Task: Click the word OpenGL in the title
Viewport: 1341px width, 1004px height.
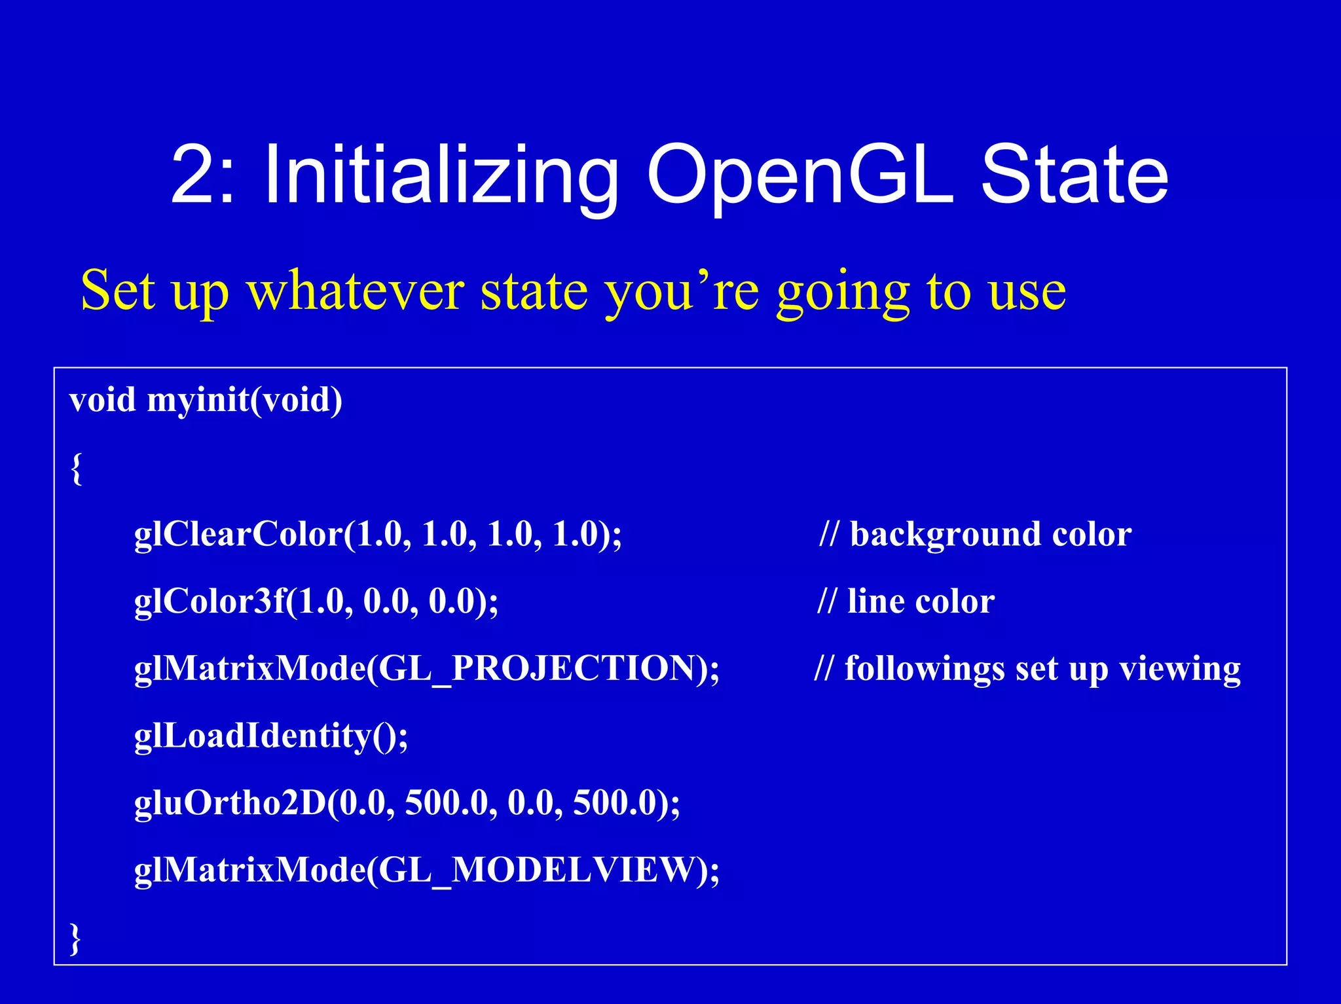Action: tap(799, 175)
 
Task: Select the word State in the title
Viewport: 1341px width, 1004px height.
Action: tap(1074, 175)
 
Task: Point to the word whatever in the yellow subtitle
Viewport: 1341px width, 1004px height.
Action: tap(355, 291)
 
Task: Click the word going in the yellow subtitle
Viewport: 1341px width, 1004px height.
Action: tap(843, 292)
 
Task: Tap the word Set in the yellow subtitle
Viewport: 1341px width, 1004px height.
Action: tap(118, 291)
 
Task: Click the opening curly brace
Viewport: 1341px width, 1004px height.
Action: tap(77, 468)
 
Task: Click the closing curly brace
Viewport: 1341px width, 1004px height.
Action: tap(76, 939)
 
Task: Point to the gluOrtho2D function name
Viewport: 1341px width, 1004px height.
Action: tap(230, 803)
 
